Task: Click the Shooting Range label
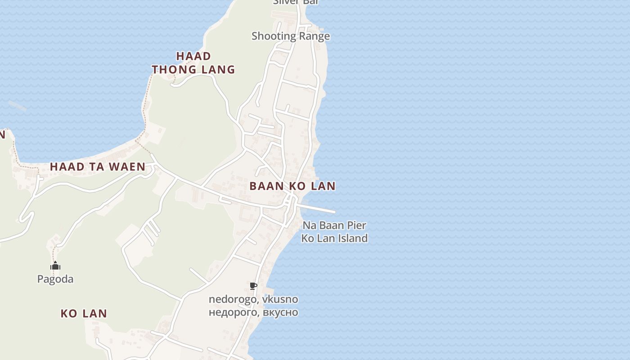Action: [x=291, y=36]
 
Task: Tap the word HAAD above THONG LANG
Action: [x=193, y=56]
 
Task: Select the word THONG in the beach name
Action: [x=172, y=69]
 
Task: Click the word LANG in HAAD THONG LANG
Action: [x=218, y=69]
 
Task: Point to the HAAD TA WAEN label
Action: [x=98, y=166]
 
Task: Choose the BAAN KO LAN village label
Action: [x=292, y=186]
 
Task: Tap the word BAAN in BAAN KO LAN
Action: [x=265, y=186]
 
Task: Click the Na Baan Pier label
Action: [x=334, y=225]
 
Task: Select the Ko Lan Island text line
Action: [x=334, y=238]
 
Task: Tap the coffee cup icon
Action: [x=253, y=286]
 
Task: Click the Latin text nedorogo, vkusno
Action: [x=253, y=299]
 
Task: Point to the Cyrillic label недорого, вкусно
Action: [x=253, y=312]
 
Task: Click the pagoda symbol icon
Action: [x=55, y=266]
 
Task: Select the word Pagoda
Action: [x=55, y=279]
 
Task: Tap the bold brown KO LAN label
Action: [x=84, y=314]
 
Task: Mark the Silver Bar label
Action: [x=296, y=2]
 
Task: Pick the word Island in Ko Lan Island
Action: [x=351, y=238]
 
